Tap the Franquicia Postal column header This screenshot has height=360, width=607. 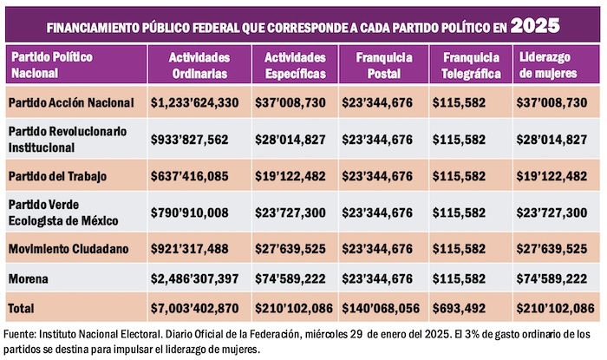(x=375, y=65)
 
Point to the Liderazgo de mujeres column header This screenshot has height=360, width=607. (x=552, y=65)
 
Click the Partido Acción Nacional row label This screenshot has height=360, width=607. (x=71, y=102)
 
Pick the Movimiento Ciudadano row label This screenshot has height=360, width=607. (x=69, y=249)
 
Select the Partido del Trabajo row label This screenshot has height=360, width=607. (x=57, y=176)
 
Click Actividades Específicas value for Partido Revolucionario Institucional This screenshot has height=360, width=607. (x=290, y=139)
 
